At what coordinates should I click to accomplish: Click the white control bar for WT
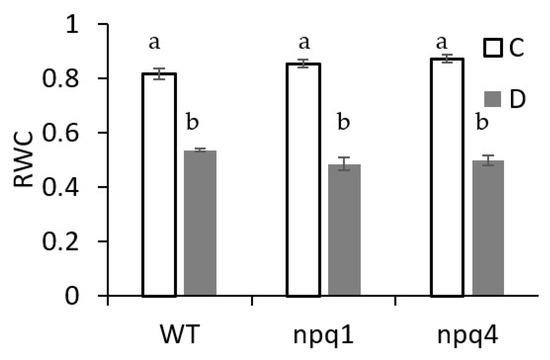[159, 185]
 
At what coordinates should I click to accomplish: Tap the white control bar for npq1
[303, 180]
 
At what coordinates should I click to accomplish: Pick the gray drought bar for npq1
[344, 230]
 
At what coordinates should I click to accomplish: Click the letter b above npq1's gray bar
[344, 124]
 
